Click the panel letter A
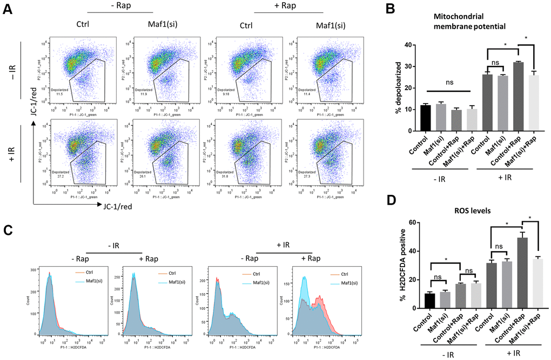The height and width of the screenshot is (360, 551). point(7,11)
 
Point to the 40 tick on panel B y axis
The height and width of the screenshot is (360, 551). point(411,45)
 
